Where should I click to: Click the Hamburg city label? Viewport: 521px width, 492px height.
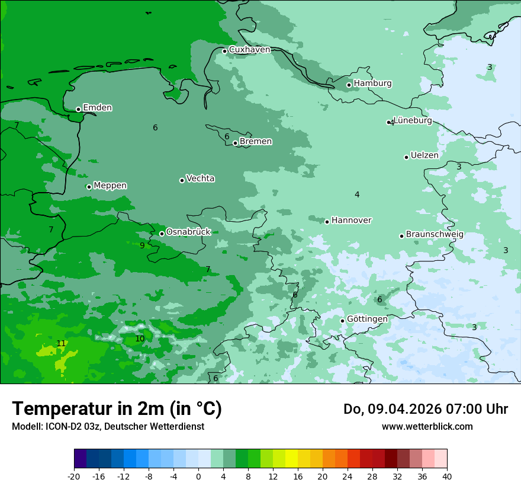372,84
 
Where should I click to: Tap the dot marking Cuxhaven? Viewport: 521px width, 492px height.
224,51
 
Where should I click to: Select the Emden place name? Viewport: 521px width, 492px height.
97,108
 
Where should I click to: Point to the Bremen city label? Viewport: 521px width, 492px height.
256,142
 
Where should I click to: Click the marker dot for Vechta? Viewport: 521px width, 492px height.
182,180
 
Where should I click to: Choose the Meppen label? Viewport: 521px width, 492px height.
110,186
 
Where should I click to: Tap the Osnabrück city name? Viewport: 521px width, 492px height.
188,232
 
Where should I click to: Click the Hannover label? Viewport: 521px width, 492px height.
351,221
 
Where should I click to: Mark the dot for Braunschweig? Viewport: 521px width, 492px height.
401,236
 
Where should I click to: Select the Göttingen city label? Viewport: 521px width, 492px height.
367,319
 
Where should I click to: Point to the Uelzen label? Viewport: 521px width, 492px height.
424,155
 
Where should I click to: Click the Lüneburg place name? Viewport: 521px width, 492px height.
413,121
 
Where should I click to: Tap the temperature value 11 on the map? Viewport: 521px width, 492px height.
61,344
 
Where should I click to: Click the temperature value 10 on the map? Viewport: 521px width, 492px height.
140,339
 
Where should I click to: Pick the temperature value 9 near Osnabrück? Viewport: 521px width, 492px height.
142,245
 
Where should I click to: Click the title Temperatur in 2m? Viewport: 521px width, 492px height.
117,409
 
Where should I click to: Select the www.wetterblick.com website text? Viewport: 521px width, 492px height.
427,427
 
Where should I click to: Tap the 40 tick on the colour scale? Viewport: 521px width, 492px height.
446,477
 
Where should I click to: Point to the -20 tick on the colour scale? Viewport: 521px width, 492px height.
74,477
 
